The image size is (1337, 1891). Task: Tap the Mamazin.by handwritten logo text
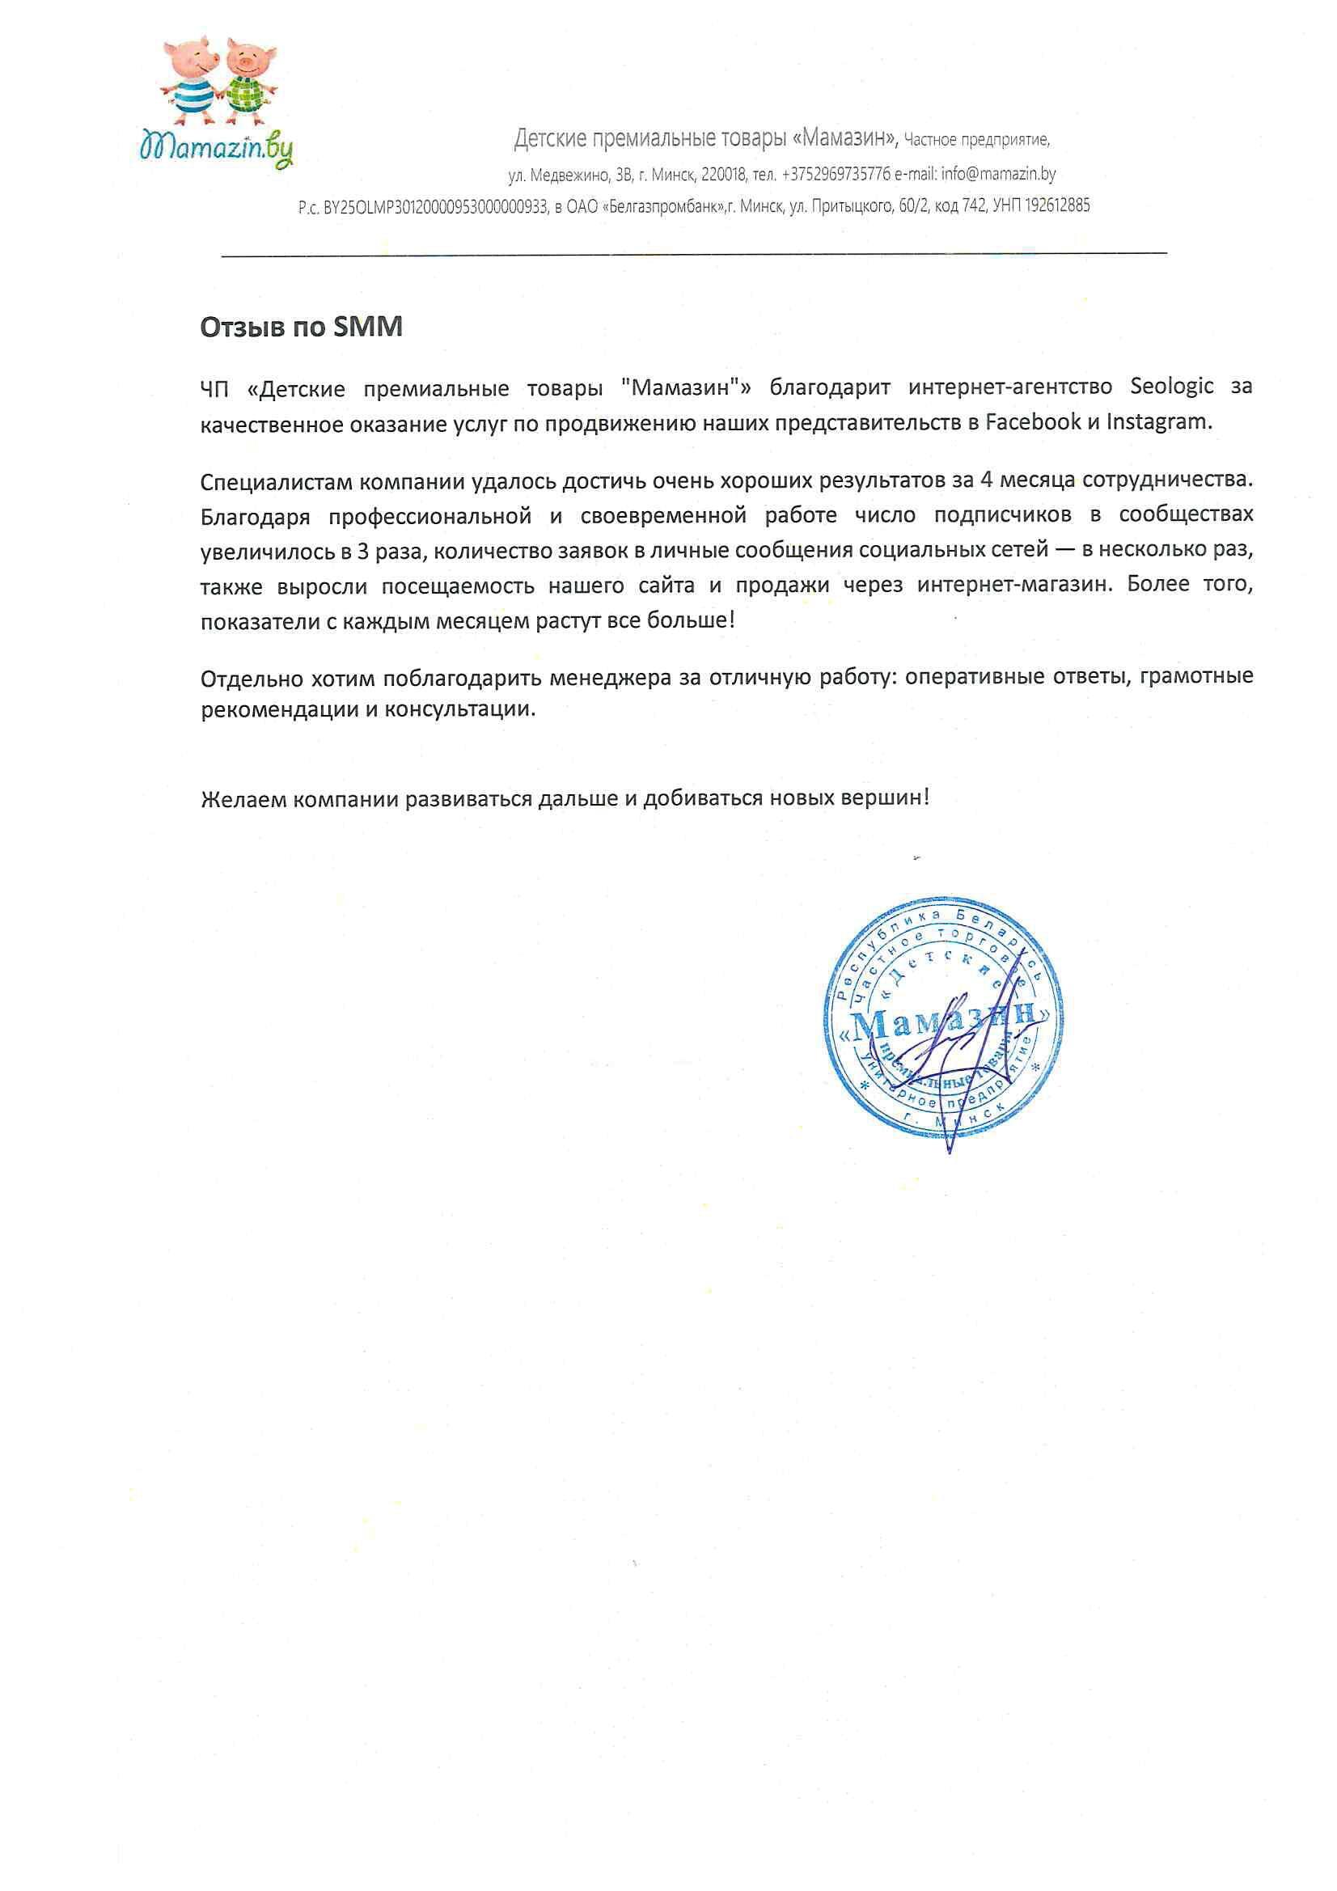[x=217, y=149]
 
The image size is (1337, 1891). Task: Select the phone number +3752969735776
[x=836, y=175]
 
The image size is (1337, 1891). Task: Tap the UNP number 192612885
[x=1058, y=205]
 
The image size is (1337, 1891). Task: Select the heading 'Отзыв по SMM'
[x=302, y=328]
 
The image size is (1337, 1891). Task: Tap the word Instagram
[x=1159, y=421]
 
